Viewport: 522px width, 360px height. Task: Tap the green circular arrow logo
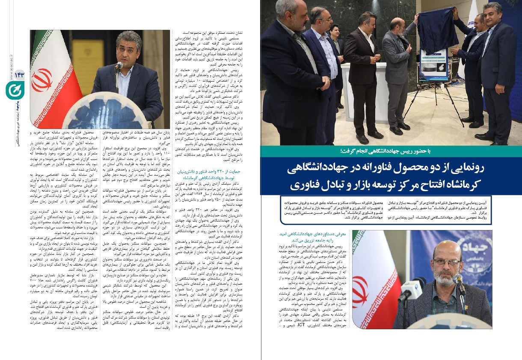tap(12, 90)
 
